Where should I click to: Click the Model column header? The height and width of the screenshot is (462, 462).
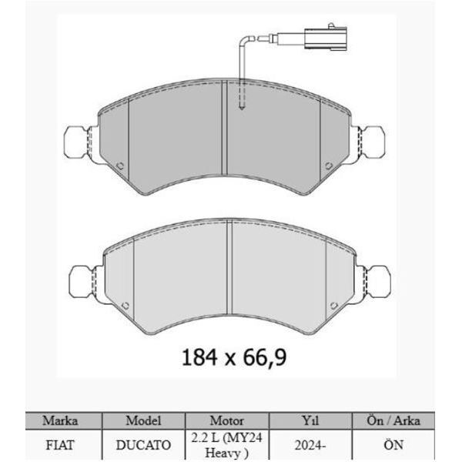(143, 421)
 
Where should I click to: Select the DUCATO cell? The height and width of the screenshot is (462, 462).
(143, 445)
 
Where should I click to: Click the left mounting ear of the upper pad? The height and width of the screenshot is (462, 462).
(79, 141)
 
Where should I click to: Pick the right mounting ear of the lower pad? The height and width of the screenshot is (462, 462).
(374, 282)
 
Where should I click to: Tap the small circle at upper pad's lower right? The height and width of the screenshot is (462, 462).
(327, 164)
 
